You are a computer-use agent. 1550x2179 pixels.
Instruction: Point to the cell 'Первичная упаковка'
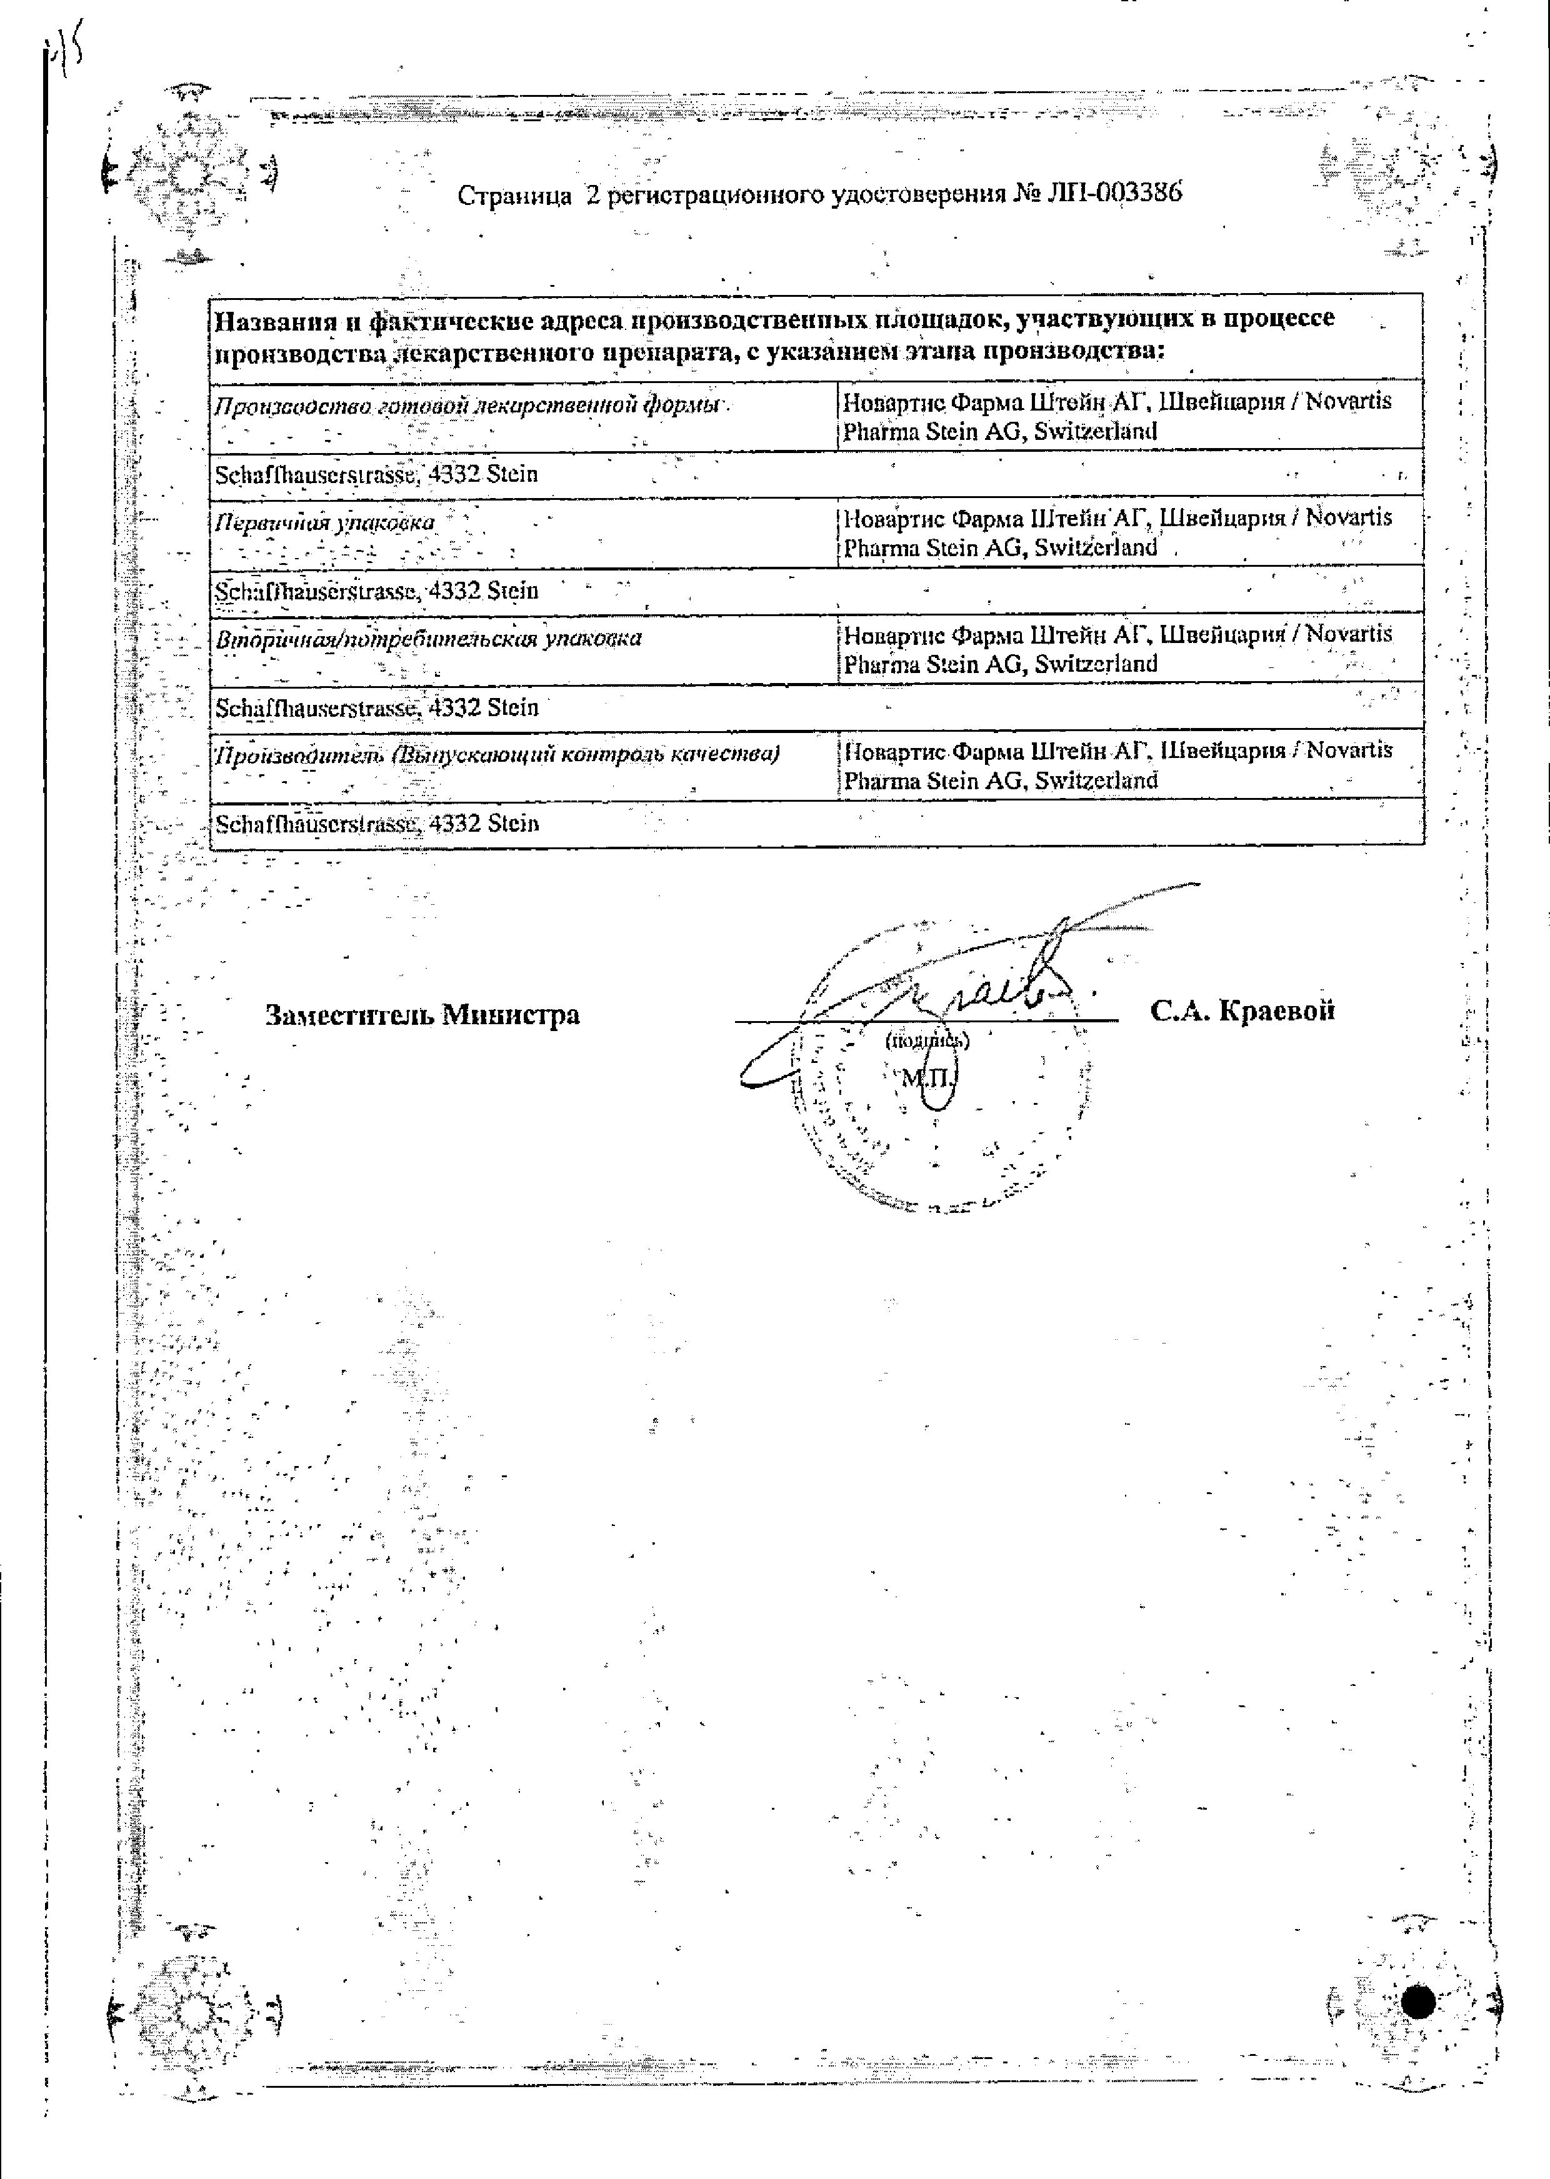(324, 523)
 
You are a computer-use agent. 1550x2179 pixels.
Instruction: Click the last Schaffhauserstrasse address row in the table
(376, 824)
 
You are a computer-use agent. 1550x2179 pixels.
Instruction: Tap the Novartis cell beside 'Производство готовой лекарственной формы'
(1117, 416)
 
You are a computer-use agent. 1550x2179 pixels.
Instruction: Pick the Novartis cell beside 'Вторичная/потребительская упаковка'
(1117, 649)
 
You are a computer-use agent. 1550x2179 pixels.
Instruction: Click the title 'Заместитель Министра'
(422, 1014)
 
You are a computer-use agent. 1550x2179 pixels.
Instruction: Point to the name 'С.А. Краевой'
(1242, 1011)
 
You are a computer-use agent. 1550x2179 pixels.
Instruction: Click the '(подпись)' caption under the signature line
(927, 1040)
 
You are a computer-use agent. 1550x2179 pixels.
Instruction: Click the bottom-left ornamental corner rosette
(191, 2009)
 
